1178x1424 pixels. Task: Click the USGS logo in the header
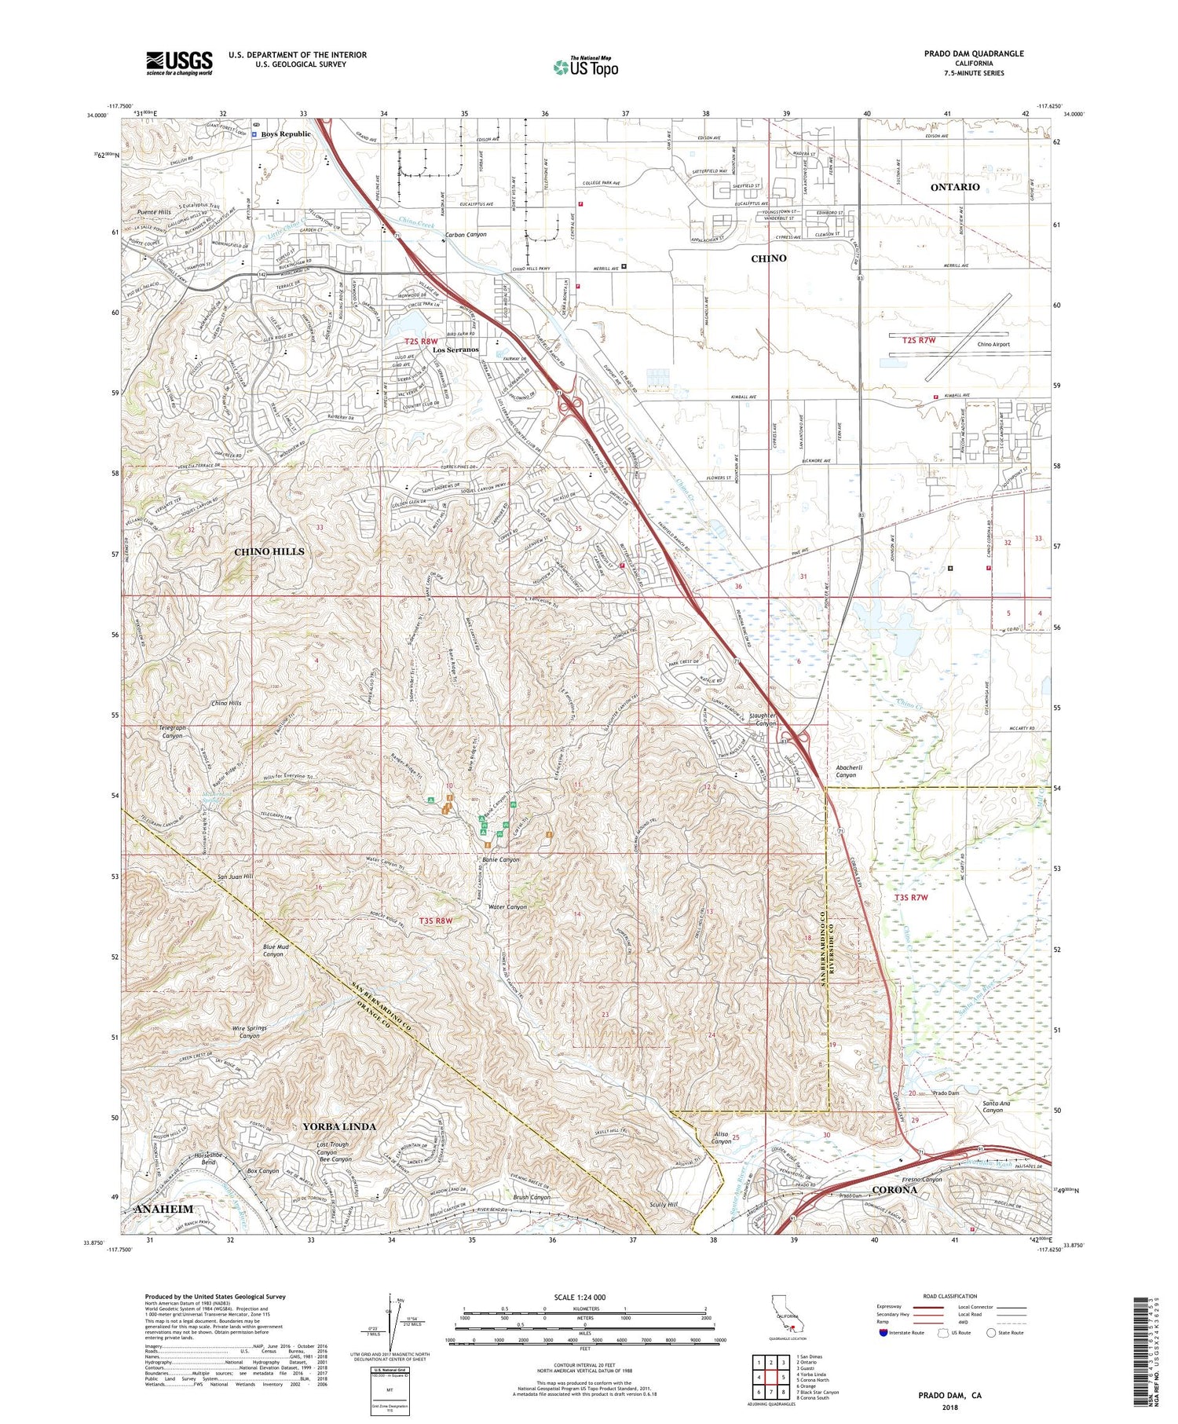pyautogui.click(x=179, y=63)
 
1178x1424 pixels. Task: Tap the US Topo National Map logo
pyautogui.click(x=586, y=67)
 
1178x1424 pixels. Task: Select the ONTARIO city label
pyautogui.click(x=954, y=187)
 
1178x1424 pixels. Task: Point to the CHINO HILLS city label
pyautogui.click(x=269, y=552)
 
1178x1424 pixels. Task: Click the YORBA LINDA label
pyautogui.click(x=339, y=1126)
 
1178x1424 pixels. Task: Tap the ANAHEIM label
pyautogui.click(x=163, y=1209)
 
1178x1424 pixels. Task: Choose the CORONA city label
pyautogui.click(x=894, y=1189)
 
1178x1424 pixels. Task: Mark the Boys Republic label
pyautogui.click(x=286, y=134)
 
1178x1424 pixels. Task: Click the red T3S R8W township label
pyautogui.click(x=436, y=921)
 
